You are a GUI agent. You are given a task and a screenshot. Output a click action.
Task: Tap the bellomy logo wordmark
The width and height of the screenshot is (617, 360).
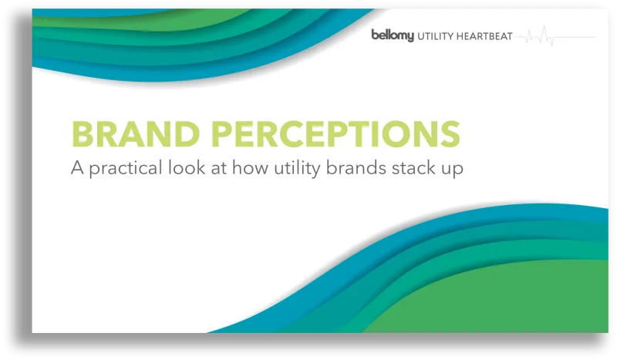point(393,35)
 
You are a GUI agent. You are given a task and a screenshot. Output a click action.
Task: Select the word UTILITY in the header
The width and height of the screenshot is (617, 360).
point(439,36)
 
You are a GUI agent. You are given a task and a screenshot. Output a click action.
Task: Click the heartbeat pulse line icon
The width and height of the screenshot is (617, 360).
point(555,36)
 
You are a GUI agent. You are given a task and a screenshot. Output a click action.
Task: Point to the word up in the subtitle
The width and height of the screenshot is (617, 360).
point(453,170)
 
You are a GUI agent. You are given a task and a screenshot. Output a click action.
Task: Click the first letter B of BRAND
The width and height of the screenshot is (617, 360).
point(83,134)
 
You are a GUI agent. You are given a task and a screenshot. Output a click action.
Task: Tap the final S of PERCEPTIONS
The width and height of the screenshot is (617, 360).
point(450,134)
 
